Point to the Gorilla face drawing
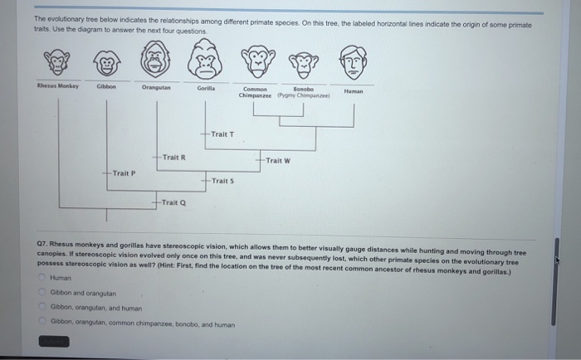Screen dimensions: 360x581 click(206, 60)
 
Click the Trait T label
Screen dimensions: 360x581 click(222, 134)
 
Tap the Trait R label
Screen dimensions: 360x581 click(173, 157)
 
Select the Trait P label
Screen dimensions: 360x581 click(124, 173)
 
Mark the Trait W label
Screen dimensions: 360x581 click(278, 160)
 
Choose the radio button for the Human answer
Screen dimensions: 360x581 click(41, 279)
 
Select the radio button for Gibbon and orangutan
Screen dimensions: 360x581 click(41, 293)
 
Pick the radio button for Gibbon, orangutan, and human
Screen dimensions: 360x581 click(41, 307)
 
